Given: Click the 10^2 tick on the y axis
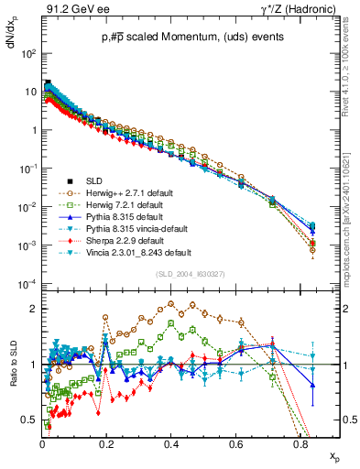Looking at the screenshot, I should [29, 53].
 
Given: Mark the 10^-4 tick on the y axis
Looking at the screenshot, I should [28, 283].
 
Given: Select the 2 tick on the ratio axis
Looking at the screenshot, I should [33, 309].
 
